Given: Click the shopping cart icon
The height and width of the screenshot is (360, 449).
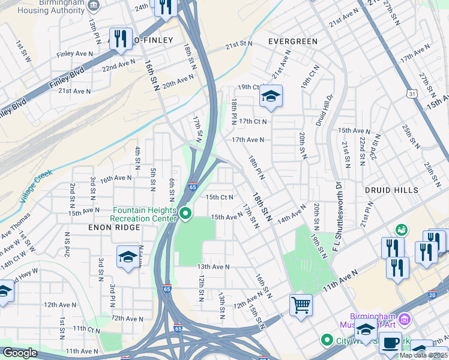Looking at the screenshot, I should click(x=301, y=304).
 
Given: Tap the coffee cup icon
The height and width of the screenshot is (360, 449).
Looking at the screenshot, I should click(x=390, y=342).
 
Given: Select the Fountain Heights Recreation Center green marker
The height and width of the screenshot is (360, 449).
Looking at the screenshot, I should click(x=186, y=213).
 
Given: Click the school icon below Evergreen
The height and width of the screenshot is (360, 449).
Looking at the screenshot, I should click(x=271, y=96).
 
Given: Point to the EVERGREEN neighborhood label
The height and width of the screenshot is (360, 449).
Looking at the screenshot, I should click(x=292, y=41).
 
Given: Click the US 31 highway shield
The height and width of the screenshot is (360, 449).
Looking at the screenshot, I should click(x=411, y=94).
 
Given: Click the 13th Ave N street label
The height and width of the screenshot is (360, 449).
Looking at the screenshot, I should click(x=213, y=266).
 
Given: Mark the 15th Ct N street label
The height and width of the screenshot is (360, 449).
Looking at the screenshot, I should click(x=219, y=197).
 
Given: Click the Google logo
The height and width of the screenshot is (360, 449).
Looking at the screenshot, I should click(x=20, y=353).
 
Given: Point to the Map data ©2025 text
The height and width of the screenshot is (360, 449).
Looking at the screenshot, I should click(x=423, y=355).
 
